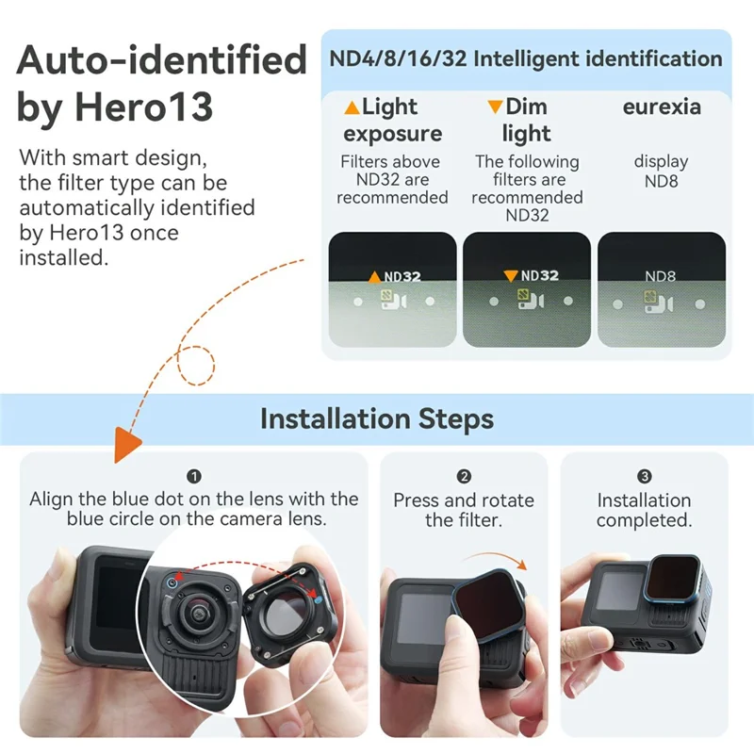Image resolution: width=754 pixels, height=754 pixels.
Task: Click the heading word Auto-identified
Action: [161, 61]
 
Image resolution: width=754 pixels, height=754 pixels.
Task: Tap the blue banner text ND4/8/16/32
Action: [397, 59]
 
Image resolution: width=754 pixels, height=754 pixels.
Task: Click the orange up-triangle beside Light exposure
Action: [351, 107]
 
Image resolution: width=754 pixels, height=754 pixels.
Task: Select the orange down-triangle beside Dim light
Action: [495, 107]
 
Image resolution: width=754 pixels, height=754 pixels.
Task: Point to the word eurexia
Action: [662, 107]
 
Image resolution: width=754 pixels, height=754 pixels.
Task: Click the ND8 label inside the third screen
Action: [661, 276]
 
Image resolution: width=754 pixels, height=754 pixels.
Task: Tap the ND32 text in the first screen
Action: [402, 276]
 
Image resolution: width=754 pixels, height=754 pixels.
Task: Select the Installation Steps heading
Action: [376, 418]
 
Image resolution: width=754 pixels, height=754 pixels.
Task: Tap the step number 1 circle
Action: [194, 477]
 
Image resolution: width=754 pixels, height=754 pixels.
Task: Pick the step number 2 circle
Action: [464, 477]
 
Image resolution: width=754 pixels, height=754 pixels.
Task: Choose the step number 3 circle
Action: [644, 477]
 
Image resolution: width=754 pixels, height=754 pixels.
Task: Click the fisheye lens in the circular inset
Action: [202, 616]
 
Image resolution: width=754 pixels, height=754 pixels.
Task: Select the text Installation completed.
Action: [644, 510]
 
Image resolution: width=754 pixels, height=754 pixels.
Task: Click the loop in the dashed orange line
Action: [199, 365]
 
